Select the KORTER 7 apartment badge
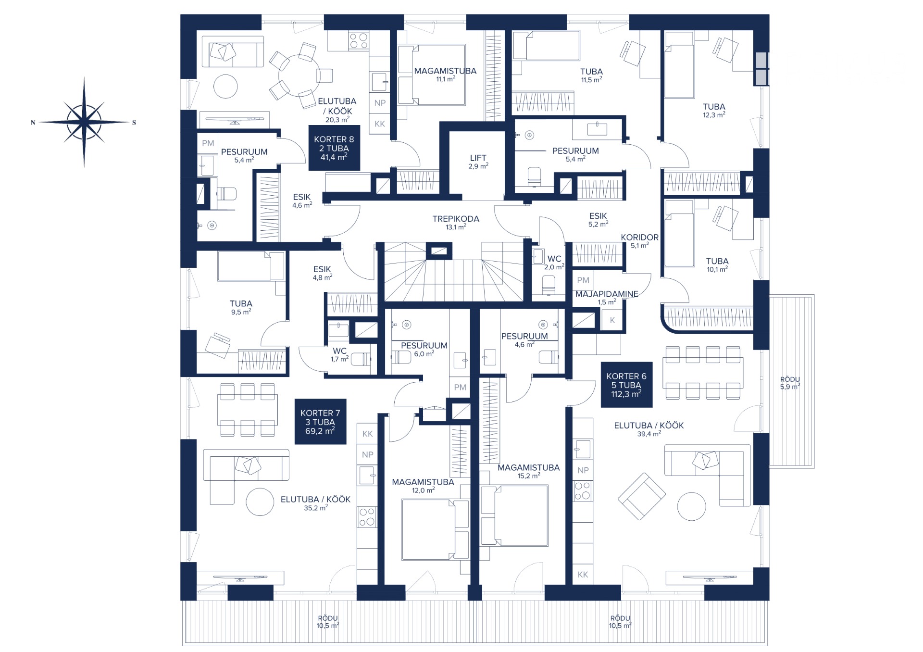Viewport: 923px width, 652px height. pyautogui.click(x=320, y=422)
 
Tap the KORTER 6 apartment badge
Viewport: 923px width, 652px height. pyautogui.click(x=626, y=385)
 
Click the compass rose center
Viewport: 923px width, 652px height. pyautogui.click(x=84, y=122)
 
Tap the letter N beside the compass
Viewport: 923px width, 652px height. pyautogui.click(x=33, y=123)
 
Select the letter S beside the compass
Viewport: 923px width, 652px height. pyautogui.click(x=134, y=123)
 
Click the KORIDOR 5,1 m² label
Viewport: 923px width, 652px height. pyautogui.click(x=639, y=241)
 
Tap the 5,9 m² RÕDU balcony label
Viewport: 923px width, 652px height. pyautogui.click(x=790, y=383)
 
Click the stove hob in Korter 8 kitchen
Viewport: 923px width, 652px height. pyautogui.click(x=358, y=40)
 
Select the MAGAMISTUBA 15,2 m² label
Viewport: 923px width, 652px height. pyautogui.click(x=528, y=471)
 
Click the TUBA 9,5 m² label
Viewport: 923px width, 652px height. pyautogui.click(x=241, y=307)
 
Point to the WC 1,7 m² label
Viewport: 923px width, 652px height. pyautogui.click(x=339, y=355)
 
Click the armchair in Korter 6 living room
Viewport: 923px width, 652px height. pyautogui.click(x=641, y=496)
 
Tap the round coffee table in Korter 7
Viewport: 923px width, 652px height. pyautogui.click(x=260, y=502)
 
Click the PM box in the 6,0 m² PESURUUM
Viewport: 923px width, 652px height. pyautogui.click(x=460, y=388)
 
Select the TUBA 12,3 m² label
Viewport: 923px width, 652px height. pyautogui.click(x=714, y=111)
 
